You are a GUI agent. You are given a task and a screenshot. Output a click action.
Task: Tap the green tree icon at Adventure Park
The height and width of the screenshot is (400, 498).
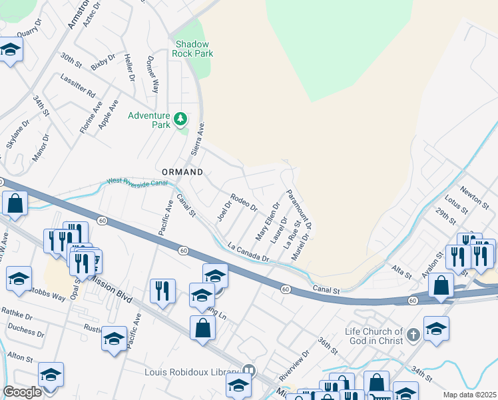pos(180,119)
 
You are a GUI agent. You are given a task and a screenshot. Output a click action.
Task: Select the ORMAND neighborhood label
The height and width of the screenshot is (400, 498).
pos(180,171)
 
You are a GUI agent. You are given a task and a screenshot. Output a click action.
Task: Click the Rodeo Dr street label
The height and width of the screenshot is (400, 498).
pos(244,203)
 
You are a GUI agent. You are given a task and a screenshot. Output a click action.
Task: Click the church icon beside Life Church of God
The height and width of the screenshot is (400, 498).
pos(413,333)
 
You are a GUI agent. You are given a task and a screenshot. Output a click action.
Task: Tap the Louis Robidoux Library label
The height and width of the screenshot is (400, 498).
pos(192,371)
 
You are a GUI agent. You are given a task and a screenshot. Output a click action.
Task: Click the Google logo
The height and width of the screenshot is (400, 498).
pos(22,392)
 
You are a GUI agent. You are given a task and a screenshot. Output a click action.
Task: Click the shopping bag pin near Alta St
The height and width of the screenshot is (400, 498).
pos(441,285)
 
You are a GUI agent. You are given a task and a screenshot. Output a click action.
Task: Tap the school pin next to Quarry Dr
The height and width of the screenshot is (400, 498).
pos(11,50)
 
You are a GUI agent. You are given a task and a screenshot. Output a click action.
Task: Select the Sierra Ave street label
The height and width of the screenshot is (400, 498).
pos(197,139)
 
